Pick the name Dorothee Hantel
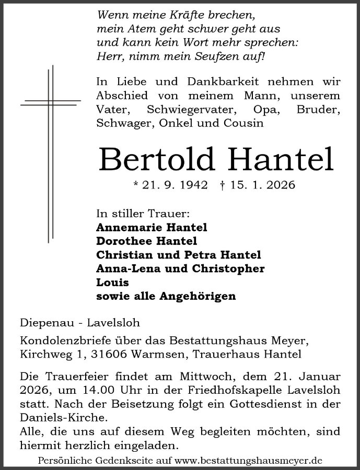point(147,241)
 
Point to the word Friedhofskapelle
point(253,390)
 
